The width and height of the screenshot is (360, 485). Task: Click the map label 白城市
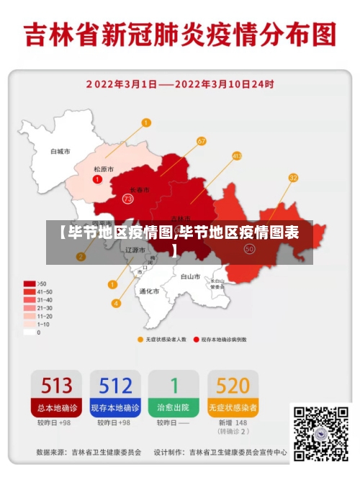(x=60, y=152)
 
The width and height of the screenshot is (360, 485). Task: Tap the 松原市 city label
(x=104, y=169)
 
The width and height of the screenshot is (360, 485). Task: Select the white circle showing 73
(x=127, y=198)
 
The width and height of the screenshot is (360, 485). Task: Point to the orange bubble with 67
(x=201, y=141)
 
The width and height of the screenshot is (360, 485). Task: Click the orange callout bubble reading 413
(x=237, y=155)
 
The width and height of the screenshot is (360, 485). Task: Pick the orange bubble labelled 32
(x=293, y=177)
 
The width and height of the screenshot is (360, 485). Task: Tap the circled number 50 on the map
(x=250, y=248)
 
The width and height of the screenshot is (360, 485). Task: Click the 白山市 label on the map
(x=190, y=276)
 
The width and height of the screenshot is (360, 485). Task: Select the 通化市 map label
(x=149, y=291)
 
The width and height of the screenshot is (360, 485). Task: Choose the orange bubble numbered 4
(x=116, y=303)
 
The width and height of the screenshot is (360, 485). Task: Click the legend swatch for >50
(x=29, y=284)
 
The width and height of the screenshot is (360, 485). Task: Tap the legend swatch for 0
(x=29, y=332)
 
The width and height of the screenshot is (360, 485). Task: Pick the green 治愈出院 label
(x=174, y=407)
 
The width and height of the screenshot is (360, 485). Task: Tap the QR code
(x=320, y=432)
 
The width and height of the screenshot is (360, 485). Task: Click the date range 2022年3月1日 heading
(x=180, y=84)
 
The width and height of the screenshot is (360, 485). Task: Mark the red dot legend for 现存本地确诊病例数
(x=196, y=338)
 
